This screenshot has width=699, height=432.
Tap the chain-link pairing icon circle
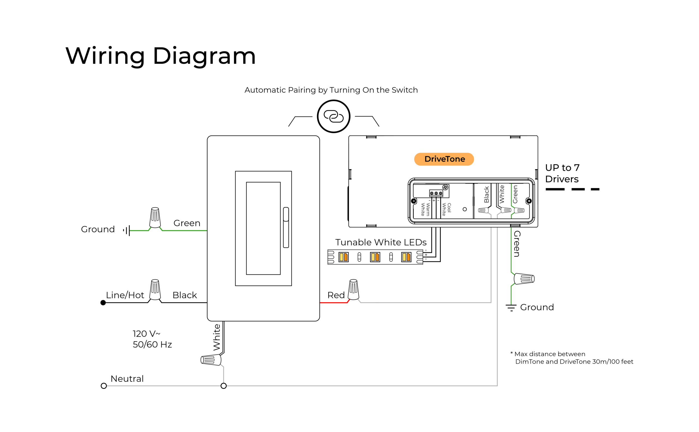(333, 116)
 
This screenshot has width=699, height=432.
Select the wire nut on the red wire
(353, 290)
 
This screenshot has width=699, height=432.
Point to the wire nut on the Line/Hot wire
(155, 290)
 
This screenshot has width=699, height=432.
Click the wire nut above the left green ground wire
(155, 218)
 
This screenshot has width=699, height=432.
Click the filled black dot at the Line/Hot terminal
(103, 303)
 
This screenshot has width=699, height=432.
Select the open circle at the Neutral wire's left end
(104, 386)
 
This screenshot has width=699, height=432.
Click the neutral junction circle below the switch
(223, 386)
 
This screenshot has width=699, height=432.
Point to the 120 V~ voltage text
(146, 334)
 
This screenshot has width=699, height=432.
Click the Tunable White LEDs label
(380, 242)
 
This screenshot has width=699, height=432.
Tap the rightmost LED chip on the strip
(406, 257)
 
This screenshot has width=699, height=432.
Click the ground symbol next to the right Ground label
(511, 308)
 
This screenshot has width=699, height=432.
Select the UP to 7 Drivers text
(562, 173)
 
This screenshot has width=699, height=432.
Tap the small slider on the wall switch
(286, 227)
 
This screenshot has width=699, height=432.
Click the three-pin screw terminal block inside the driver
(436, 193)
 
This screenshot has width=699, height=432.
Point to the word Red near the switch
(336, 295)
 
